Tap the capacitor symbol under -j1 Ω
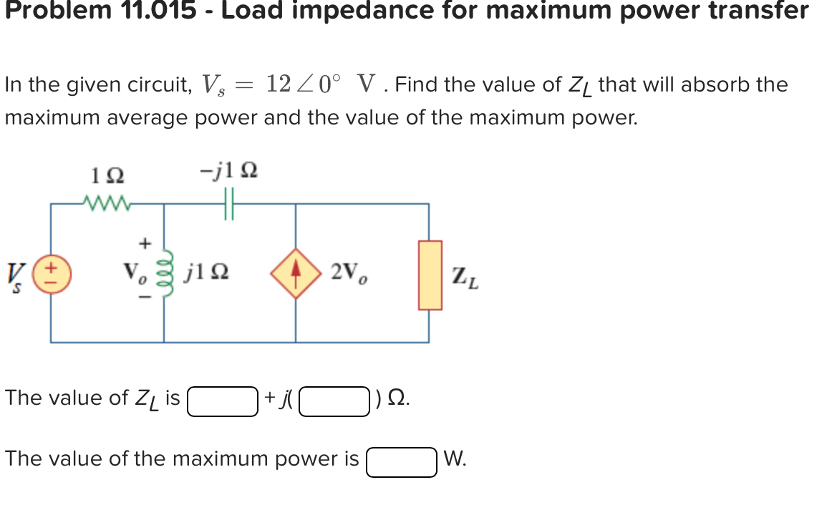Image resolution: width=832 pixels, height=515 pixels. pos(229,203)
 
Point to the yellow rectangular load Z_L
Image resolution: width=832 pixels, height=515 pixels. pos(430,275)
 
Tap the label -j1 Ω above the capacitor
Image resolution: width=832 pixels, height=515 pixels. pos(229,172)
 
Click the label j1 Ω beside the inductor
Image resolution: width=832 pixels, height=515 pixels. pos(208,272)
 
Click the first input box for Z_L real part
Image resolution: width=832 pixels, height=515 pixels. pos(223,401)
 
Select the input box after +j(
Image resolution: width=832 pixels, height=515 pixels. pos(334,401)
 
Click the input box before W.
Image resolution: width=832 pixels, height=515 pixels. pos(402,461)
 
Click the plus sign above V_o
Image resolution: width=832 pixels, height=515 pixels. pos(145,243)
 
